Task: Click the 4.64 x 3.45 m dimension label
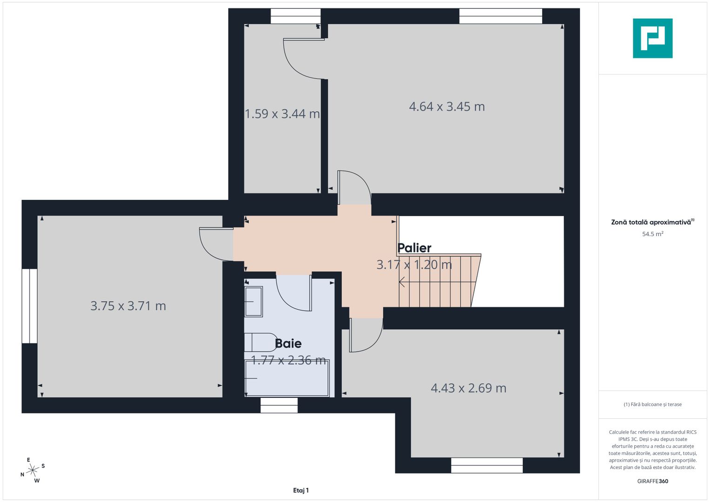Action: (x=447, y=107)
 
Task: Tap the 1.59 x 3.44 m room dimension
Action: (x=282, y=114)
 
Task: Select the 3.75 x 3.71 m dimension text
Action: (x=128, y=306)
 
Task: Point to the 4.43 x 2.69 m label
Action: (x=469, y=388)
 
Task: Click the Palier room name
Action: (x=414, y=248)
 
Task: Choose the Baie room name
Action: (x=288, y=343)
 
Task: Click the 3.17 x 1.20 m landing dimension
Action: (x=414, y=265)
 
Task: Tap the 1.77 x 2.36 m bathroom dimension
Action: (x=288, y=360)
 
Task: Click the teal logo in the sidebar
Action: (x=652, y=38)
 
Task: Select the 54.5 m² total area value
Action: (x=652, y=234)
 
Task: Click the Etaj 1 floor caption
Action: (x=301, y=490)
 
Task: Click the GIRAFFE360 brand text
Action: (x=652, y=481)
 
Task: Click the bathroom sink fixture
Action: (x=253, y=302)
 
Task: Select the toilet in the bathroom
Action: (x=259, y=343)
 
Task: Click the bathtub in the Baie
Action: (x=286, y=378)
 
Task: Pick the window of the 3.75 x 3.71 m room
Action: (x=29, y=306)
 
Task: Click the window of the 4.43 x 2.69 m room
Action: (x=486, y=465)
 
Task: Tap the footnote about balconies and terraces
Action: (x=652, y=404)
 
